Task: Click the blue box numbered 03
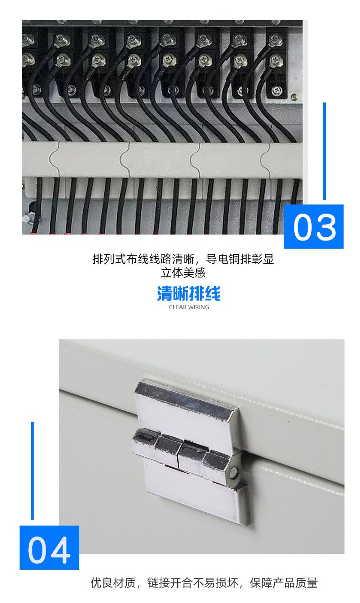coord(314,226)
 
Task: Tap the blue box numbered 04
coord(49,547)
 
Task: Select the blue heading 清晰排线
coord(189,293)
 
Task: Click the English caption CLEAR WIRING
coord(189,307)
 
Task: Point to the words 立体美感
coord(183,272)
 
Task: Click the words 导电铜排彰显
coord(240,259)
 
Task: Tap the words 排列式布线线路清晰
coord(143,259)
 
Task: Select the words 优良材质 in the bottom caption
coord(113,583)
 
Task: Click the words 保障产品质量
coord(284,583)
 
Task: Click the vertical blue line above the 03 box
coord(324,151)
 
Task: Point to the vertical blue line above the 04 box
coord(32,471)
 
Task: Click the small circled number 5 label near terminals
coord(294,97)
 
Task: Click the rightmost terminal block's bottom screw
coord(276,90)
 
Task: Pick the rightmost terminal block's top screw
coord(275,40)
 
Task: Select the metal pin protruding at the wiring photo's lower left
coord(27,218)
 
